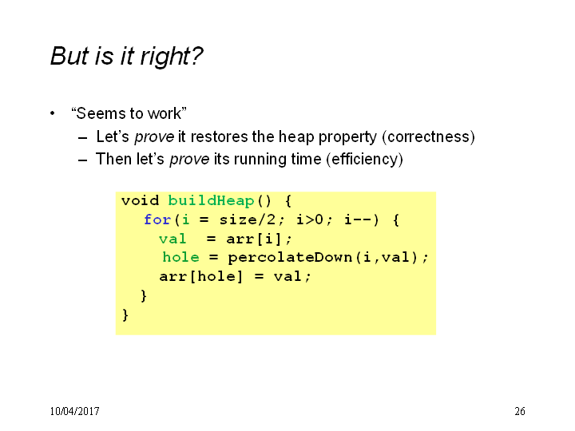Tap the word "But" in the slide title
pos(69,56)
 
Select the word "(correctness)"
pos(428,136)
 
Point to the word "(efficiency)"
pos(364,160)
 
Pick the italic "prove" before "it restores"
pos(154,137)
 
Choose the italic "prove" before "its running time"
pos(189,160)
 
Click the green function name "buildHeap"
pos(211,201)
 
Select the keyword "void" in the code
pos(140,201)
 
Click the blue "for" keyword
pos(157,220)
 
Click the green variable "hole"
pos(180,257)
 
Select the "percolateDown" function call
pos(290,258)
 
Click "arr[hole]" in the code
pos(201,276)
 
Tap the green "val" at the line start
pos(172,239)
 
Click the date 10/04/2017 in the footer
pos(74,411)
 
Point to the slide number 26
pos(520,411)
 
